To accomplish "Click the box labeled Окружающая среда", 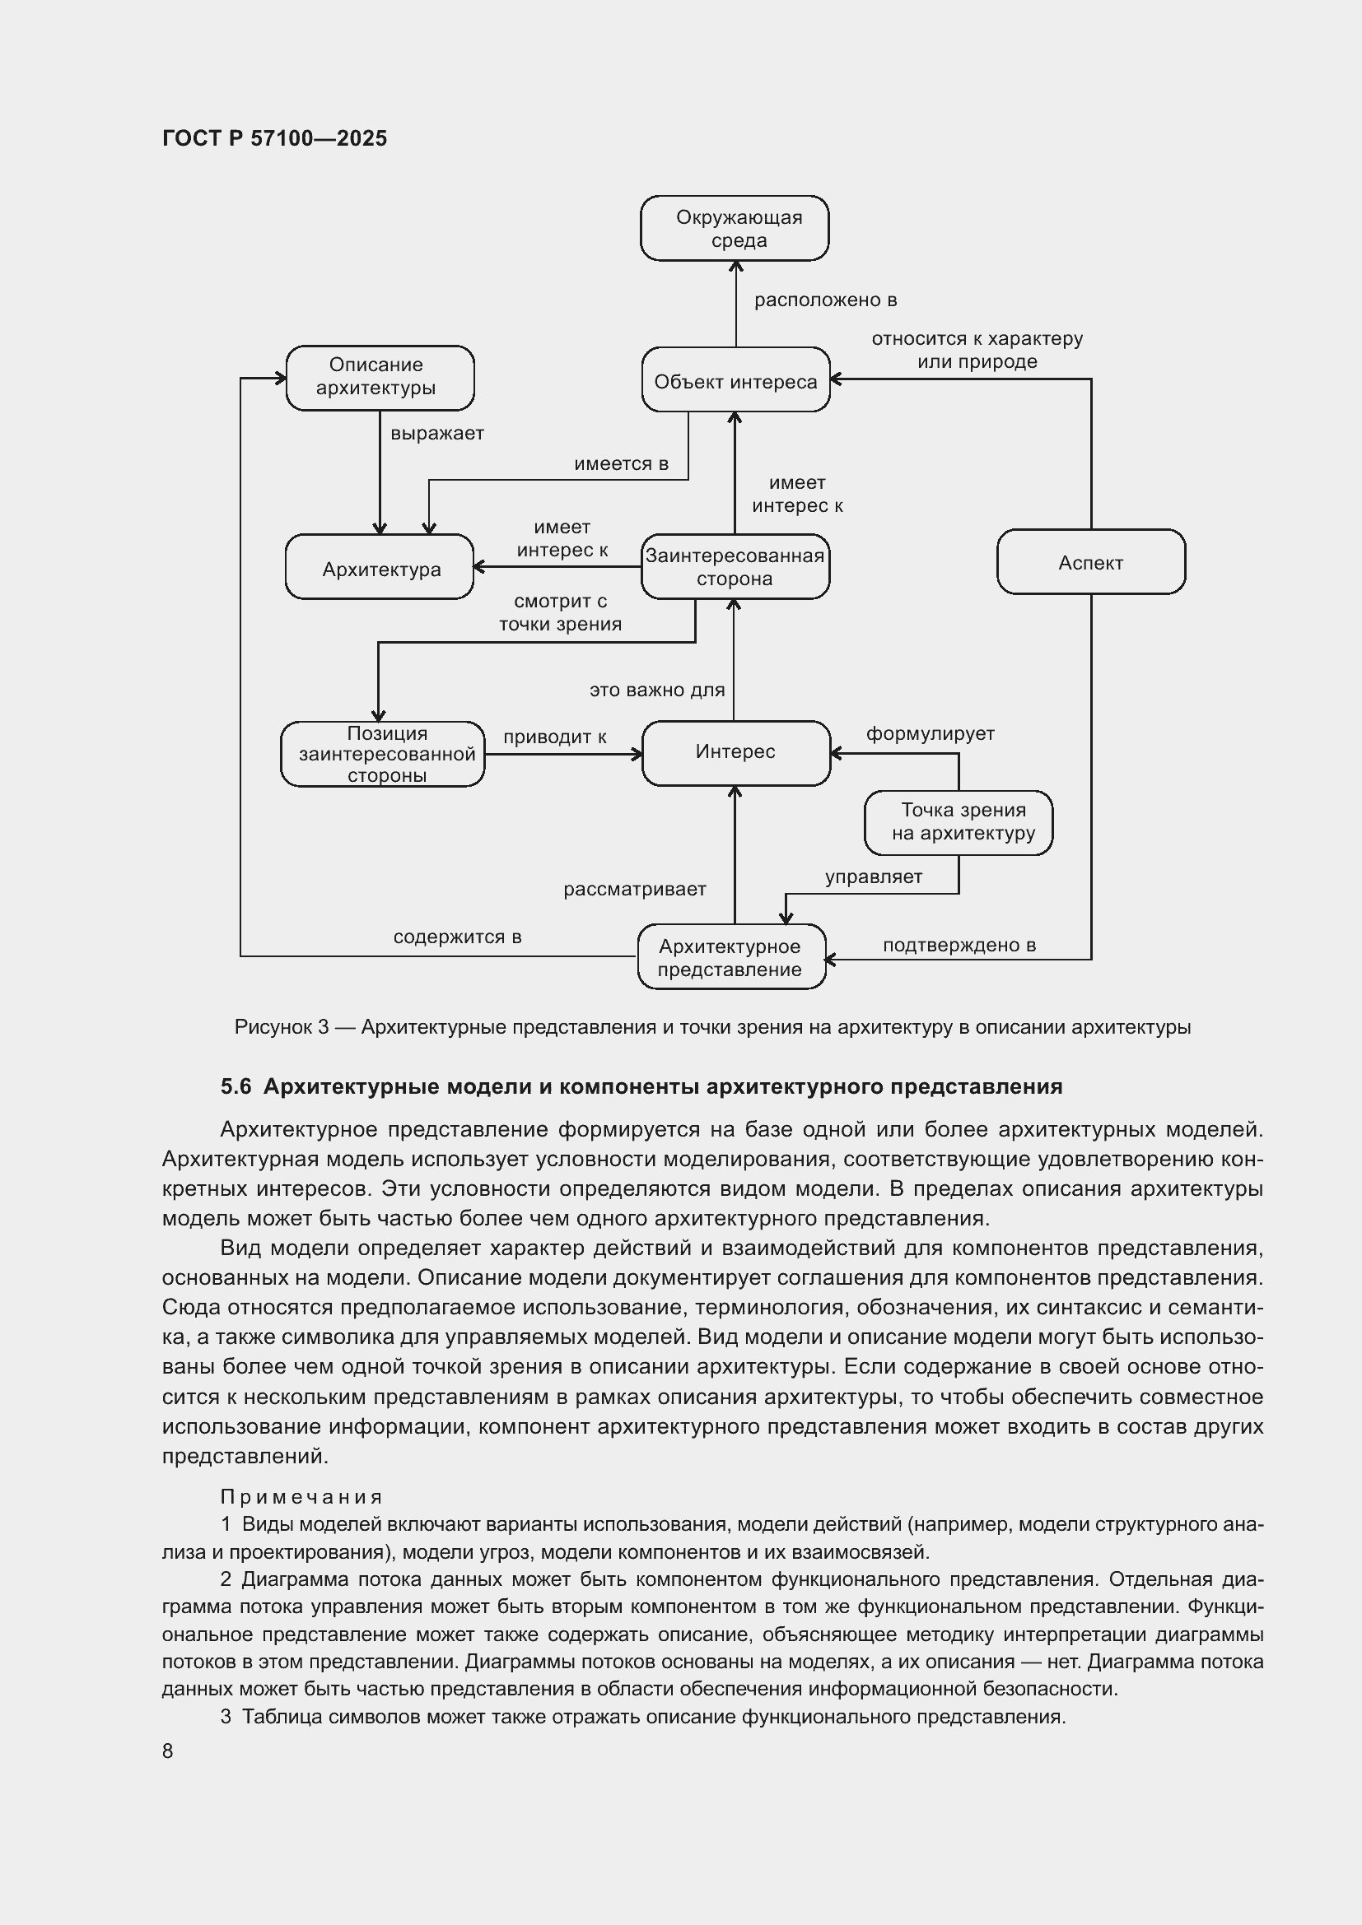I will point(735,228).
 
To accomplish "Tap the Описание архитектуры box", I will point(380,377).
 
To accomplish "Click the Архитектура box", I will point(380,568).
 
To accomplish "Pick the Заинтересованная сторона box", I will point(735,567).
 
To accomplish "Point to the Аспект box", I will point(1090,563).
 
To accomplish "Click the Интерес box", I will point(735,752).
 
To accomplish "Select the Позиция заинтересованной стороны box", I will point(383,754).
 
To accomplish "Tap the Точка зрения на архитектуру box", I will point(959,822).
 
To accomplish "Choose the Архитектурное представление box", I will point(731,957).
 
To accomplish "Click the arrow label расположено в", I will point(825,300).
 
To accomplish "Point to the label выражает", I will point(437,434).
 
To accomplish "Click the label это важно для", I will point(656,690).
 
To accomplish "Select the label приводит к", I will point(554,737).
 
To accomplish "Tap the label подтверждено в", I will point(959,945).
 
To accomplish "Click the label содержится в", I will point(457,937).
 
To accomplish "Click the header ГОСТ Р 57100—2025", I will point(274,138).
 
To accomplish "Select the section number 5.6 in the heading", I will point(236,1086).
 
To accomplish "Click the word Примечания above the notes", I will point(301,1496).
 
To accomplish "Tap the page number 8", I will point(168,1751).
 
